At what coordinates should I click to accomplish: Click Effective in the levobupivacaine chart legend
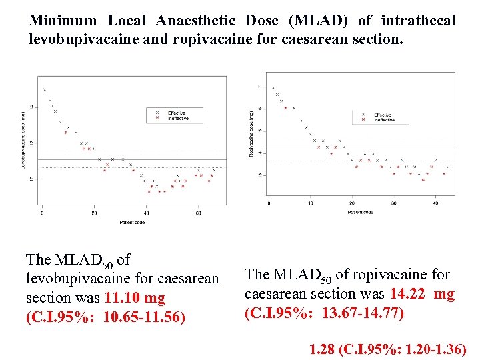point(177,113)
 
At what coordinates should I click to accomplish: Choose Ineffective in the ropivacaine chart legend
point(384,120)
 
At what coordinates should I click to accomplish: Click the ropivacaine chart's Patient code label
point(360,212)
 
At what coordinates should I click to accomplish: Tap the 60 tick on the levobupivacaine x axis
point(198,213)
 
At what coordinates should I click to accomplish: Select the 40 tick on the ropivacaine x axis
point(435,203)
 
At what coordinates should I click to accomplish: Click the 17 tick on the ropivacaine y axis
point(259,88)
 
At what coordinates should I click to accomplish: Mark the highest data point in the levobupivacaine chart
point(45,90)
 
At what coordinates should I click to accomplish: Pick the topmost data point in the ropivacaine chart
point(273,88)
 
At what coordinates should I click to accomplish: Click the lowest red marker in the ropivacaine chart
point(423,180)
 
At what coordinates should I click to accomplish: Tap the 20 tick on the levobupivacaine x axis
point(94,213)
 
